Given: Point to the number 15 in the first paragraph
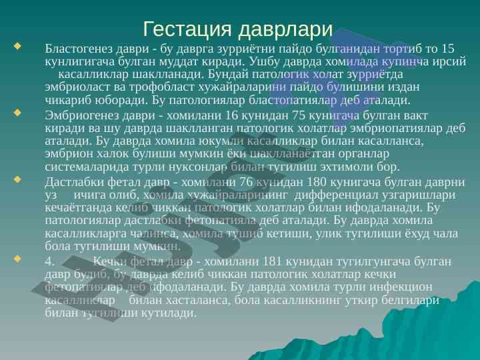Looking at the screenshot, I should pyautogui.click(x=448, y=49).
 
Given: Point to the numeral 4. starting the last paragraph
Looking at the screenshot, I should pyautogui.click(x=50, y=261).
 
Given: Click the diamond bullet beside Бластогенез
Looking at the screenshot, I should pyautogui.click(x=17, y=47).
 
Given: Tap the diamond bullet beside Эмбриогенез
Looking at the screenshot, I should pyautogui.click(x=17, y=113).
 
